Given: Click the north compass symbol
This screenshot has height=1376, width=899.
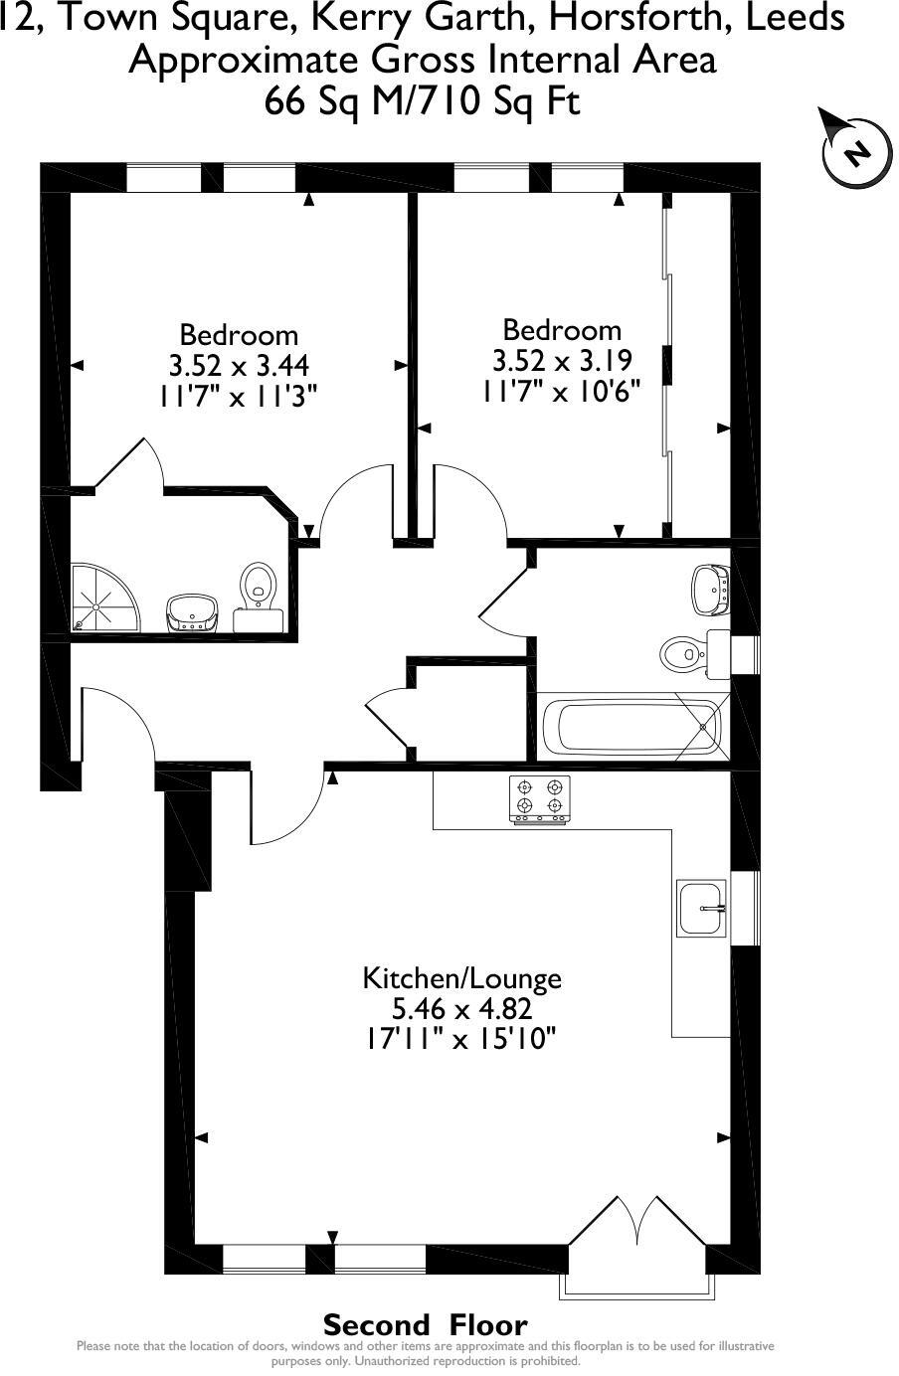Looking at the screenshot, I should (x=854, y=151).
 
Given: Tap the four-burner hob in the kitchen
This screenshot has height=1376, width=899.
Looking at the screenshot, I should (x=540, y=799).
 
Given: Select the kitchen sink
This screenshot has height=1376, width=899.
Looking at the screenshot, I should (x=703, y=908).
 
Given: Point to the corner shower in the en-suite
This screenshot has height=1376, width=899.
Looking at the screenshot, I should (x=102, y=599).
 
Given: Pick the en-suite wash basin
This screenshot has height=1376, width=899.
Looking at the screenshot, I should (x=193, y=610).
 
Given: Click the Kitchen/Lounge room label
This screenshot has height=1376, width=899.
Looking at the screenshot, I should (x=461, y=978).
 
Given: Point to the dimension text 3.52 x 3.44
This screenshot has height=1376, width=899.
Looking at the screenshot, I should (x=238, y=365).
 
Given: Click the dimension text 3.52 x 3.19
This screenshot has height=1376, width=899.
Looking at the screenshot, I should (x=562, y=360).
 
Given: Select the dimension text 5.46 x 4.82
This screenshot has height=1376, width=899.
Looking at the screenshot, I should (x=461, y=1009).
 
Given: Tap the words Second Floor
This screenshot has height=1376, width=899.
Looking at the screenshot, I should (x=425, y=1324).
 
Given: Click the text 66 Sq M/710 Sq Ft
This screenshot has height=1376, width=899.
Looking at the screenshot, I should (x=422, y=101).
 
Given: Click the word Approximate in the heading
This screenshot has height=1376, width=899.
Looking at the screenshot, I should (x=245, y=60).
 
